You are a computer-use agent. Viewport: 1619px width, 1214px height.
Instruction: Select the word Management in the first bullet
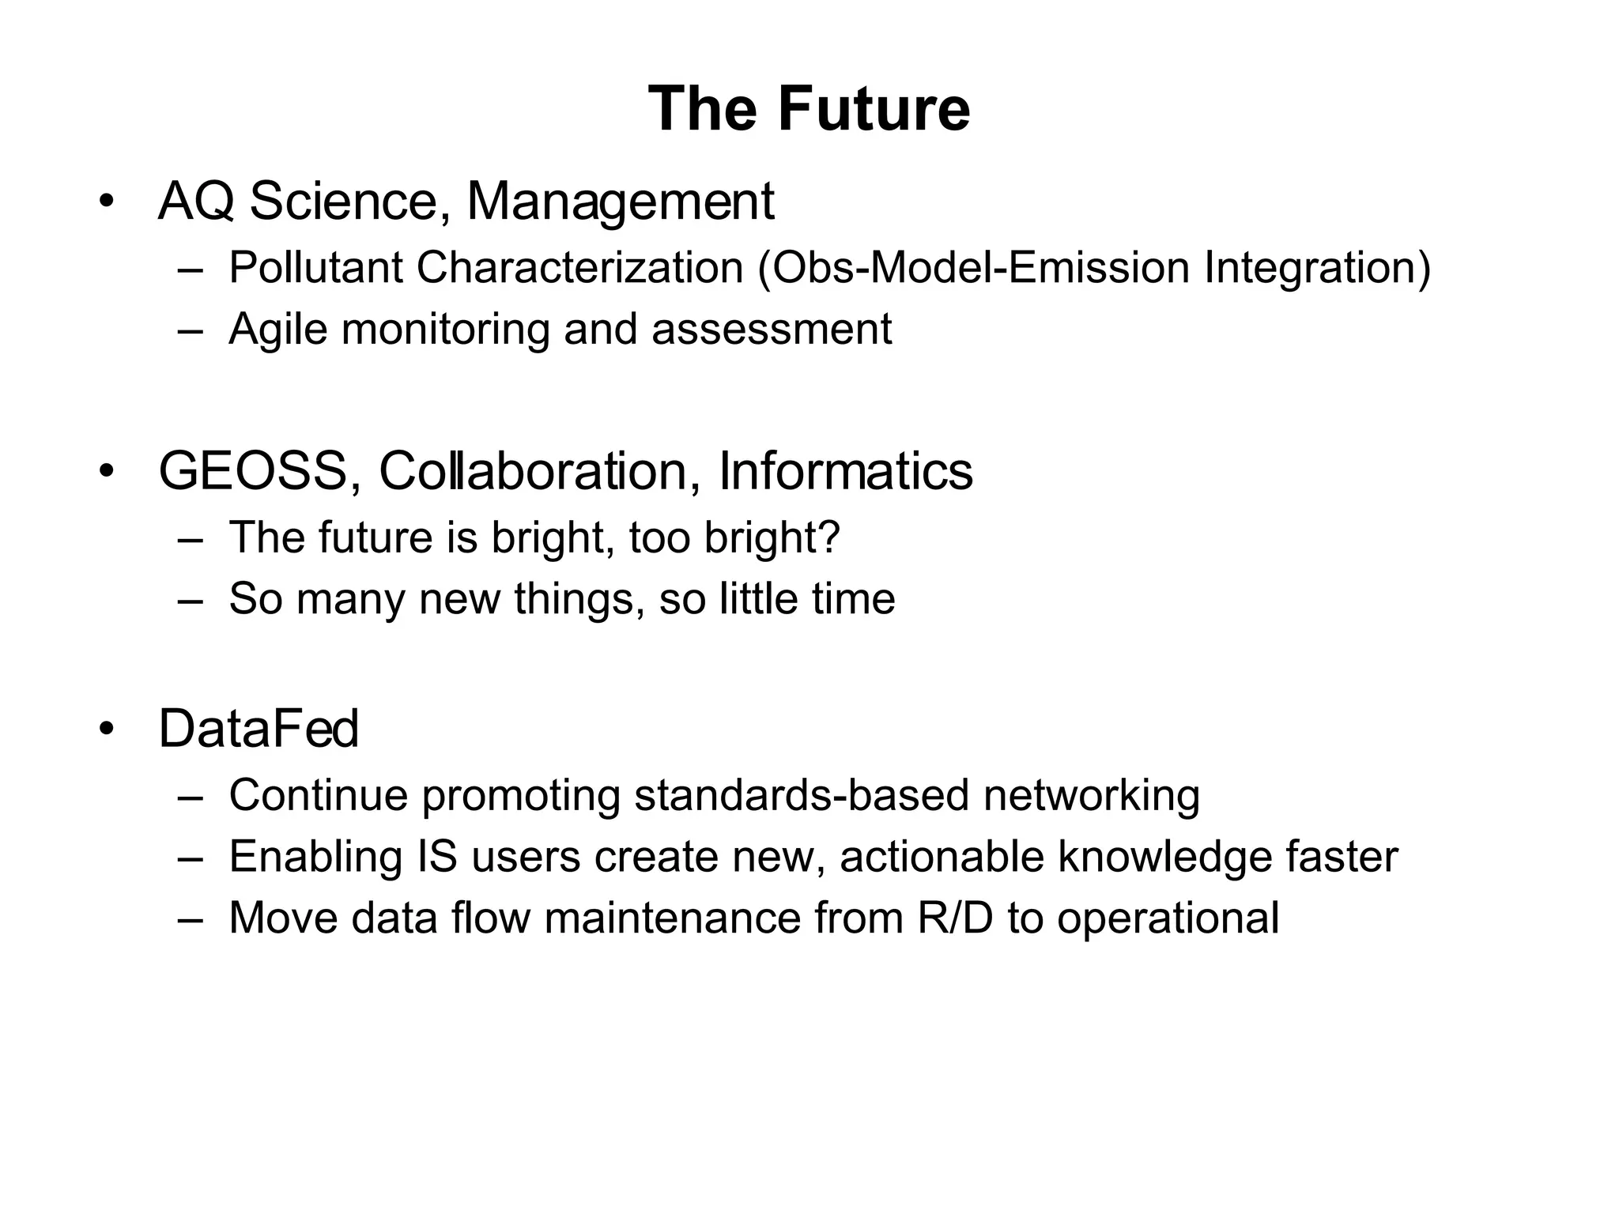[x=620, y=202]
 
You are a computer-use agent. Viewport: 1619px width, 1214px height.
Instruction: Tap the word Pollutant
[x=315, y=268]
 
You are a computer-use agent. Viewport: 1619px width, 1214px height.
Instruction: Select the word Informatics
[x=845, y=472]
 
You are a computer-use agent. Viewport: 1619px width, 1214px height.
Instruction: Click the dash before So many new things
[x=190, y=599]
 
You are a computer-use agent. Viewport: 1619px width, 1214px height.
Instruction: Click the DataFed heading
[x=259, y=729]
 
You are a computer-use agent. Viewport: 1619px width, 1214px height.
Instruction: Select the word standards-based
[x=802, y=795]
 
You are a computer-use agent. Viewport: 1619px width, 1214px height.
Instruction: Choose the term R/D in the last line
[x=954, y=918]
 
